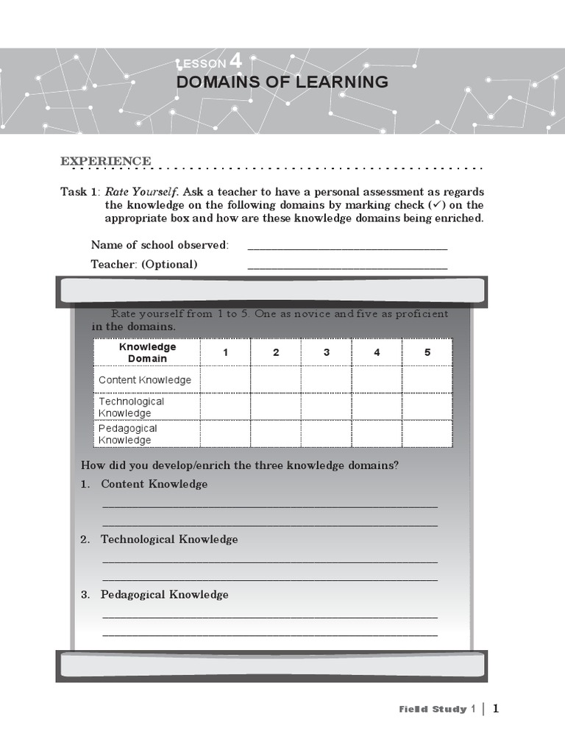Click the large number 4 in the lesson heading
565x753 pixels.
coord(235,61)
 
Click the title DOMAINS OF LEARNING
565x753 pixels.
coord(282,82)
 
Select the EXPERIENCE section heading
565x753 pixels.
coord(106,161)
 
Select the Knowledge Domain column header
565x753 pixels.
coord(147,352)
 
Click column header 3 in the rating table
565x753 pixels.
coord(327,352)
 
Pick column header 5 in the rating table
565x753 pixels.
coord(427,352)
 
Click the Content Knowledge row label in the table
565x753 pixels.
coord(145,380)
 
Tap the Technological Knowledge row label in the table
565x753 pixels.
coord(132,407)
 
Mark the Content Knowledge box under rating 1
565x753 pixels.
coord(225,379)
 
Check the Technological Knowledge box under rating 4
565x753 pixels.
coord(377,407)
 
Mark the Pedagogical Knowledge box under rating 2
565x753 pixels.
coord(276,434)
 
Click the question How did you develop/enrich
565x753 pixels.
coord(239,465)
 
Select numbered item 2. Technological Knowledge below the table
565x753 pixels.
coord(160,539)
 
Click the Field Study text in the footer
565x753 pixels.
coord(433,709)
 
